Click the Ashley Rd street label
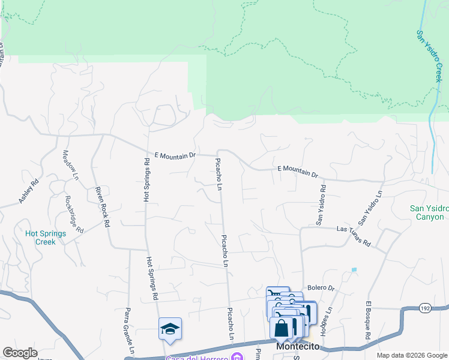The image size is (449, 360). pos(28,191)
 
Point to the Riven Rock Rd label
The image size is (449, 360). pos(102,207)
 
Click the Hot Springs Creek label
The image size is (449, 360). pos(40,238)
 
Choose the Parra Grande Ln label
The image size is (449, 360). pos(129,331)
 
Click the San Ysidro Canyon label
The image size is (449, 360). pos(429,212)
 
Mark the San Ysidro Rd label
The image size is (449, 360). pos(322,205)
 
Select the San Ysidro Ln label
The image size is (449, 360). pos(370,208)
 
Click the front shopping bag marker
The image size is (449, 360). pos(281,328)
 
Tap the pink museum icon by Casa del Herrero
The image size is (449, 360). pos(238,358)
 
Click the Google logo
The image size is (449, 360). pos(20,353)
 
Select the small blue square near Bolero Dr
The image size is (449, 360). pos(354,270)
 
